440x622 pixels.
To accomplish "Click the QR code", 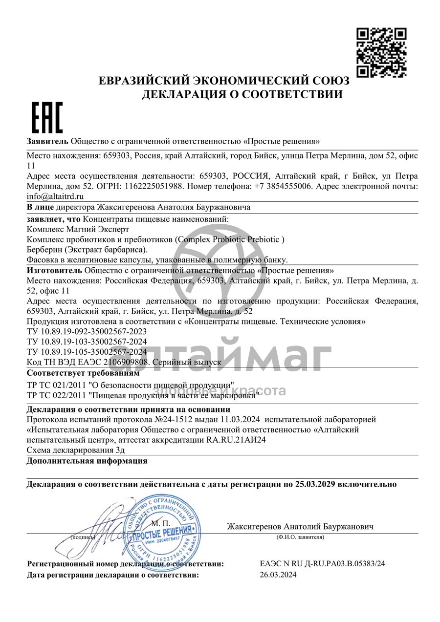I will click(x=381, y=52).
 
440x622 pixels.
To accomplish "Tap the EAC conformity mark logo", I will click(x=47, y=118).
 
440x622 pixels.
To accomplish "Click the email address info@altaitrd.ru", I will click(x=55, y=196).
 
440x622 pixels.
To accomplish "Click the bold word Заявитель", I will click(x=47, y=142).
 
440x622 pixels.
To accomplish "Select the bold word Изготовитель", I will click(x=55, y=270).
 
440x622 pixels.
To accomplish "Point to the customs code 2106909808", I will click(x=126, y=362).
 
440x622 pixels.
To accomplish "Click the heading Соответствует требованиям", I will click(x=83, y=373).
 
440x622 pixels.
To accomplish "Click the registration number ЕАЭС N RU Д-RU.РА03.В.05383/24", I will click(x=323, y=564).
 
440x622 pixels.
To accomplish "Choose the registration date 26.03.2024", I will click(x=278, y=575).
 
